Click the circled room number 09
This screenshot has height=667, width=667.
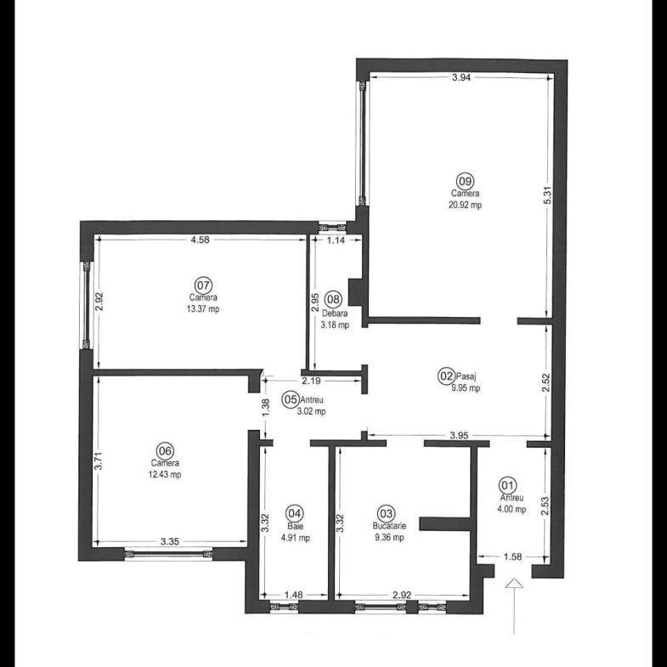pos(465,181)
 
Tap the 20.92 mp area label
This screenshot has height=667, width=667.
pos(466,205)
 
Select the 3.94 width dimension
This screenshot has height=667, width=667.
pos(461,77)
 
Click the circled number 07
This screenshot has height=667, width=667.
pos(203,285)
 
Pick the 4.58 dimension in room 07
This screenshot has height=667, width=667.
pos(200,240)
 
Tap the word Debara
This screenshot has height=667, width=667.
pos(335,314)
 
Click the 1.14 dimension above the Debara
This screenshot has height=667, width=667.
pos(336,240)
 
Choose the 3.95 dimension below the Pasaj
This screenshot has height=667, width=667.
pos(459,436)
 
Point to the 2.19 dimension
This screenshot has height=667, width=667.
pos(311,382)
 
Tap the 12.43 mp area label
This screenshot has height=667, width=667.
pos(164,474)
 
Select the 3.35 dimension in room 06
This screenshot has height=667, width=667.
pos(170,542)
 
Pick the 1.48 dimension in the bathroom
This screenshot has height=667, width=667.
pos(293,595)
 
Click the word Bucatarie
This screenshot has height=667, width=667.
pos(389,526)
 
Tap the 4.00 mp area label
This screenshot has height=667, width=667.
pos(512,509)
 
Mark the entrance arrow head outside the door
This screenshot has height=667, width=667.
pos(515,584)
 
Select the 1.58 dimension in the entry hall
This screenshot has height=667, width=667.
pos(512,557)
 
